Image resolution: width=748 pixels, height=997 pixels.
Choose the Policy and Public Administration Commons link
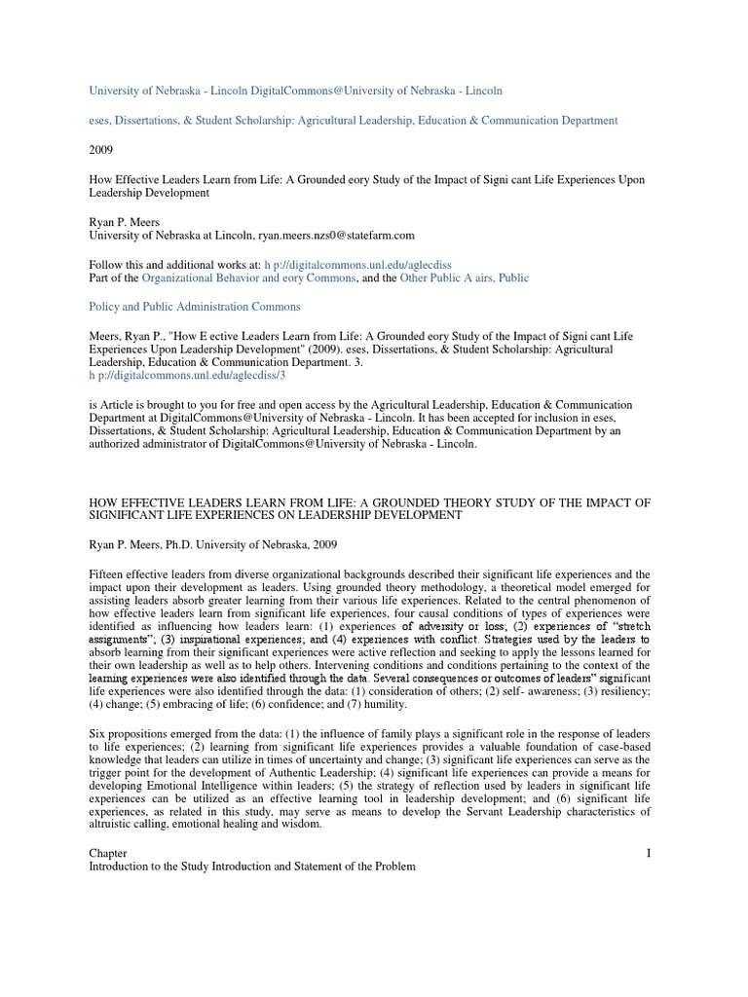pyautogui.click(x=195, y=307)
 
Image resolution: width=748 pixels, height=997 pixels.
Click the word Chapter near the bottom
pyautogui.click(x=107, y=853)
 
